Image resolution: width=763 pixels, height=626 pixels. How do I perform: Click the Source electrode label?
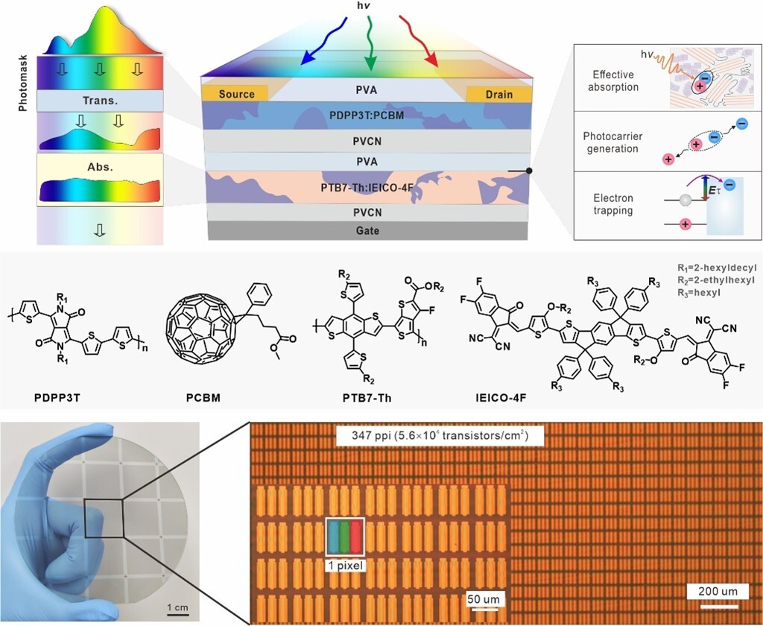click(x=236, y=94)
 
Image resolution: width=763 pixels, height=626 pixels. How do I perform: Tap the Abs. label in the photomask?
click(x=99, y=168)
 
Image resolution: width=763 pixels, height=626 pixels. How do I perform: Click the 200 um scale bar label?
click(x=718, y=592)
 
